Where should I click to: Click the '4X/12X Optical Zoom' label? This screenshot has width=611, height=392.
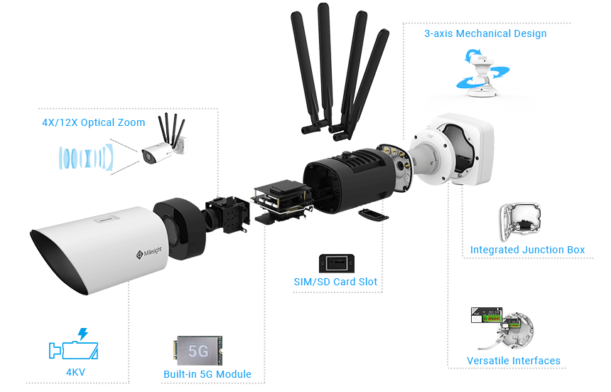[93, 122]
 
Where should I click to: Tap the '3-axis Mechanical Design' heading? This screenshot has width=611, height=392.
[485, 33]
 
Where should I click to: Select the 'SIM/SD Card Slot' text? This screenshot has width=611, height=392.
[336, 282]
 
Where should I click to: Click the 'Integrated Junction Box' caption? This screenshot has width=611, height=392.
[527, 250]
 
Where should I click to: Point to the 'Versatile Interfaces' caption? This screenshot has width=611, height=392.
[514, 361]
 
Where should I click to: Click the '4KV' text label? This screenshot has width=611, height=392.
[74, 371]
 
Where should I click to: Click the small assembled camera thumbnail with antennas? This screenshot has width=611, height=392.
[164, 145]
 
